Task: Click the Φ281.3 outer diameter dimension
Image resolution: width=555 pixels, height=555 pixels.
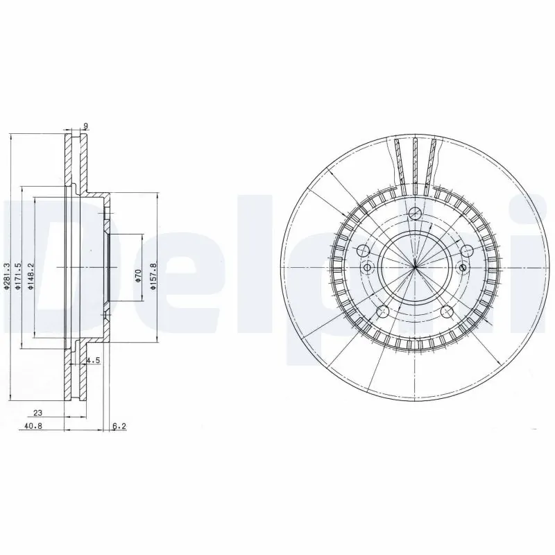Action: (x=7, y=275)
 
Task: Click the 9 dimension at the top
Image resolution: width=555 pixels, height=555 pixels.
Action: (x=85, y=126)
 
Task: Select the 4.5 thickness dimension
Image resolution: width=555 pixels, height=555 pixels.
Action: (x=95, y=360)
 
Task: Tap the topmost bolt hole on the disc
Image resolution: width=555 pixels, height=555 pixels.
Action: (x=414, y=213)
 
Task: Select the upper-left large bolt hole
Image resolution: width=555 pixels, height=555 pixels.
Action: (x=363, y=250)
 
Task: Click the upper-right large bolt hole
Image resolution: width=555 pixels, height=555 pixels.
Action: (x=466, y=251)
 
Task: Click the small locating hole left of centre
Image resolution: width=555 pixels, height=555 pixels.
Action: (x=368, y=268)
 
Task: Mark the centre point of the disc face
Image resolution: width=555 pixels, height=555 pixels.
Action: (x=414, y=268)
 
